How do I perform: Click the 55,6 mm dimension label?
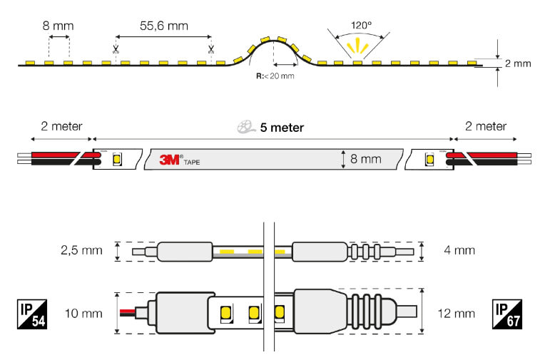(x=164, y=26)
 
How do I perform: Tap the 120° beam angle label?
(x=361, y=25)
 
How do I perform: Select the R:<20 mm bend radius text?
(x=275, y=76)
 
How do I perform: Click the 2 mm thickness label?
(x=517, y=63)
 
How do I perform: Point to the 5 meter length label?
(x=282, y=128)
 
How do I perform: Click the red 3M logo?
(x=170, y=159)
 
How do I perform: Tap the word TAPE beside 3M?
(x=192, y=163)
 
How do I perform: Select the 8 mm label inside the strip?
(x=366, y=159)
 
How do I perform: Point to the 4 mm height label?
(x=459, y=250)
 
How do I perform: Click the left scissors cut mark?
(x=115, y=49)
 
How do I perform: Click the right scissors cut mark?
(x=211, y=49)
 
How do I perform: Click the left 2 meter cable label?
(x=62, y=126)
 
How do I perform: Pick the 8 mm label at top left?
(x=58, y=26)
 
